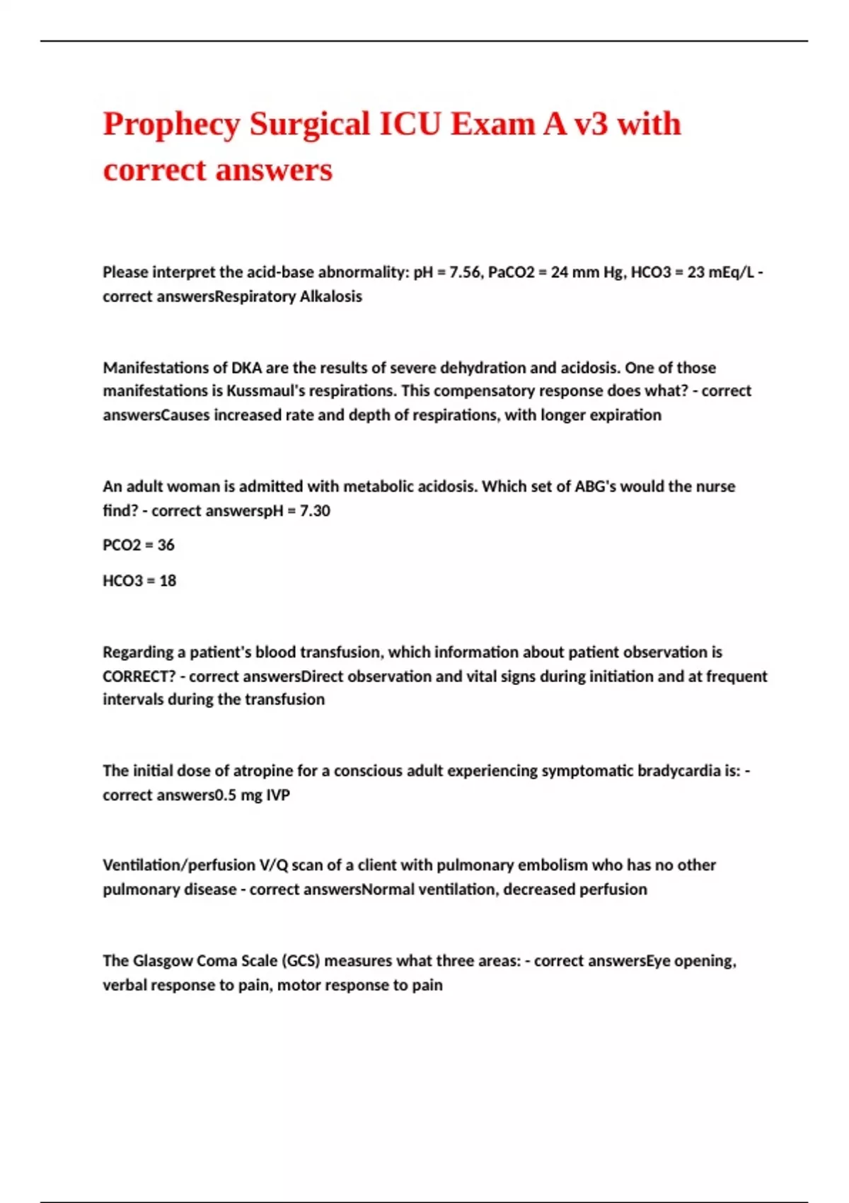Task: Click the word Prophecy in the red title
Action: [172, 125]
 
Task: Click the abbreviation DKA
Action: [246, 367]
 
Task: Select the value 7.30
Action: [315, 510]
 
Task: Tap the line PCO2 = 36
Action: [139, 545]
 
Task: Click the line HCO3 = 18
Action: [139, 581]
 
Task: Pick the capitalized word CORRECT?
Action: [139, 676]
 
